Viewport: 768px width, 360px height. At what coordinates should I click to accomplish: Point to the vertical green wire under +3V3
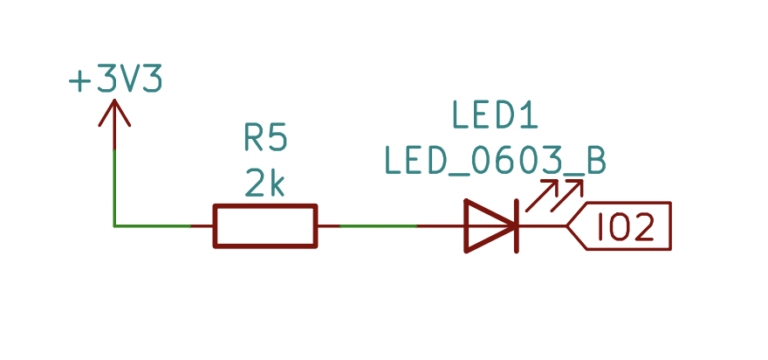point(115,185)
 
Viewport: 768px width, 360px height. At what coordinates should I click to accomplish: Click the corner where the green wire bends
point(115,226)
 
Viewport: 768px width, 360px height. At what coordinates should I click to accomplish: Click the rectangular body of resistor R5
point(265,226)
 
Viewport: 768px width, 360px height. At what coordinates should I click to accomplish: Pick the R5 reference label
point(265,137)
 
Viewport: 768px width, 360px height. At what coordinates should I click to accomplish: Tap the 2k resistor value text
point(265,182)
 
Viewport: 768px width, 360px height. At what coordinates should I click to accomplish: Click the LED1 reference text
point(494,115)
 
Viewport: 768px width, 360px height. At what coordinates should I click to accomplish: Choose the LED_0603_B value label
point(494,160)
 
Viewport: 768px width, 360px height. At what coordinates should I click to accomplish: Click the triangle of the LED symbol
point(488,226)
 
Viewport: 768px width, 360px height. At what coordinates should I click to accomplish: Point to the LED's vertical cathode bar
point(516,226)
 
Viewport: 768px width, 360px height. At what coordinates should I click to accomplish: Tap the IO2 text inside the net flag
point(625,227)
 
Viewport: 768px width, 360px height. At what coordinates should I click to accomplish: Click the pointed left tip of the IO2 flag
point(568,227)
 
